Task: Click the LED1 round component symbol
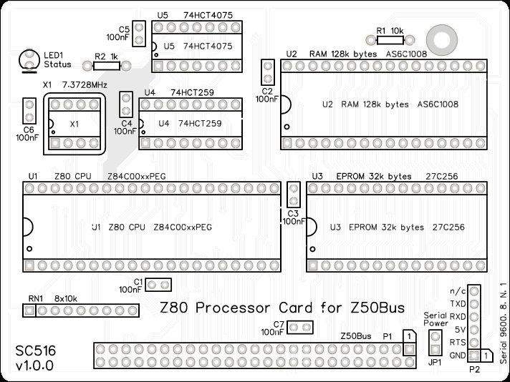tap(29, 57)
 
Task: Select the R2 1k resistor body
tap(107, 65)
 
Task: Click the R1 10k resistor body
tap(388, 41)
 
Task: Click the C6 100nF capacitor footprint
tap(29, 112)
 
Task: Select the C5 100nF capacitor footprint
tap(140, 33)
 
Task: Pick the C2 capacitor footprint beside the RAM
tap(268, 72)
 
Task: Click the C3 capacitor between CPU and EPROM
tap(292, 195)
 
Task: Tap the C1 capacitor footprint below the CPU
tap(158, 285)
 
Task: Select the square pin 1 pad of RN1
tap(29, 311)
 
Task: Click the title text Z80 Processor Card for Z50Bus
tap(281, 308)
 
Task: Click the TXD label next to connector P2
tap(458, 303)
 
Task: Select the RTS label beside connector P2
tap(458, 342)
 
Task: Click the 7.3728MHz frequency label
tap(85, 84)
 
